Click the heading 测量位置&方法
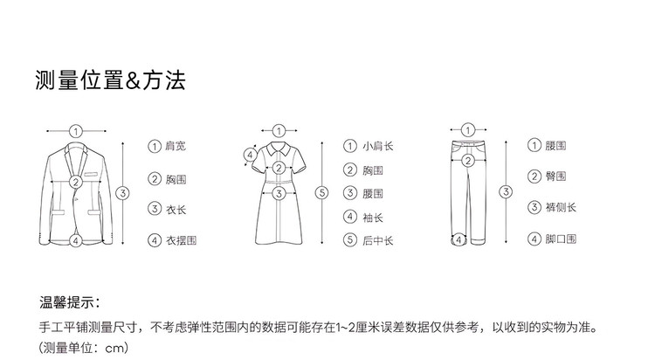click(x=110, y=81)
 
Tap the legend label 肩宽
click(x=175, y=146)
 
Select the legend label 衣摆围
click(x=181, y=239)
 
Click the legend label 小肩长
click(x=378, y=146)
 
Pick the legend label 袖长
click(x=373, y=217)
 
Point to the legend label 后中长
click(x=378, y=239)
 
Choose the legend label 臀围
click(x=555, y=177)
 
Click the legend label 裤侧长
click(x=561, y=208)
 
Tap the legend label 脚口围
click(x=561, y=239)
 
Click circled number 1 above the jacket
click(x=76, y=131)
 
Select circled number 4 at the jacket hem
click(x=76, y=239)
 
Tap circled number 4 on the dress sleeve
click(x=250, y=156)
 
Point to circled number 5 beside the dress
click(x=321, y=192)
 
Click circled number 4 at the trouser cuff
click(x=458, y=239)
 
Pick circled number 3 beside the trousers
click(x=505, y=191)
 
